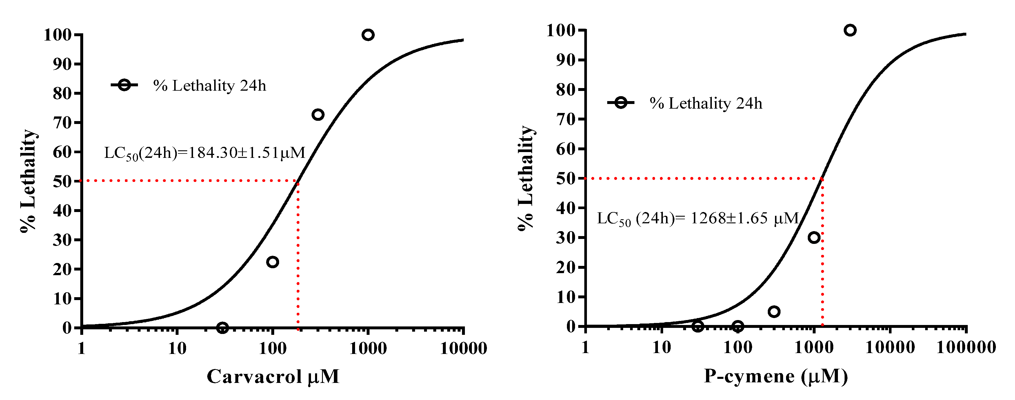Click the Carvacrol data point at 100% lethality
click(x=368, y=35)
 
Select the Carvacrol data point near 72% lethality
click(x=318, y=115)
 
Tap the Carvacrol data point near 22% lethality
click(x=272, y=262)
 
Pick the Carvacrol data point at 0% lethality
click(x=222, y=328)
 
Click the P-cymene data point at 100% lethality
click(x=850, y=30)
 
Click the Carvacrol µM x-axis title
click(x=273, y=376)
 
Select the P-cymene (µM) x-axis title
click(x=775, y=376)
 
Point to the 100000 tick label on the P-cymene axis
click(x=966, y=347)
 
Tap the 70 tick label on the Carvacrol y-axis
click(x=62, y=123)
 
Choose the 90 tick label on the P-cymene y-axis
click(x=565, y=60)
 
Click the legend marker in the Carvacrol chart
click(x=124, y=85)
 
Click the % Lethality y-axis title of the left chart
click(x=28, y=181)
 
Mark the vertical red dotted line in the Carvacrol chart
click(x=298, y=256)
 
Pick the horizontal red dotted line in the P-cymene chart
click(x=701, y=178)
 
